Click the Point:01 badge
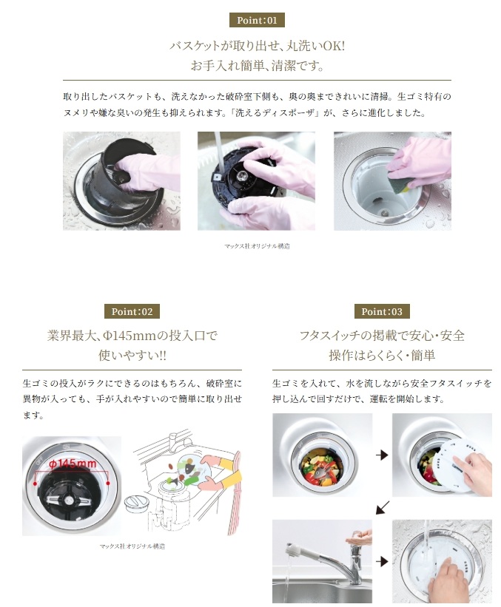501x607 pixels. [257, 20]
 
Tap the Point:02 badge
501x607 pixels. [132, 311]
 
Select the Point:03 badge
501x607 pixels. [382, 311]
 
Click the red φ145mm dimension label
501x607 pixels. [73, 464]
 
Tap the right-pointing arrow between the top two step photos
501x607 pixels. [382, 455]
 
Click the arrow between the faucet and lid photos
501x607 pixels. [382, 561]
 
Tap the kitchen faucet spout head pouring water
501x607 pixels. [293, 552]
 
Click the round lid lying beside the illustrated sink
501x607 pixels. [136, 504]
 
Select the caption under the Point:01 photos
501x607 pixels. [257, 245]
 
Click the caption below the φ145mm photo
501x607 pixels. [132, 546]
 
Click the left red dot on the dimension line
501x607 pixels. [36, 484]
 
